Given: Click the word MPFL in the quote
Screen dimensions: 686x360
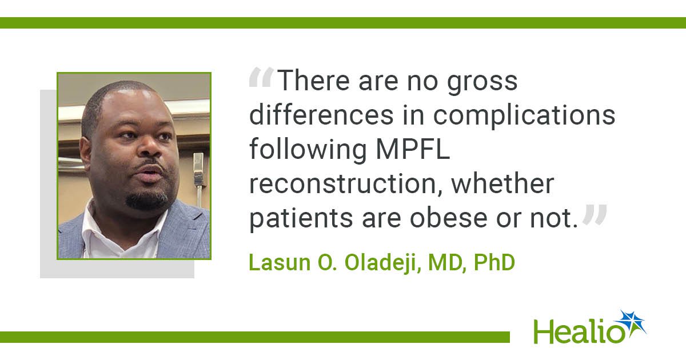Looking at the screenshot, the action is (x=413, y=149).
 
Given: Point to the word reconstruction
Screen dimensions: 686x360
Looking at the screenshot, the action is (x=346, y=184).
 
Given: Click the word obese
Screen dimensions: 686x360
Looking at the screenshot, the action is (x=449, y=218).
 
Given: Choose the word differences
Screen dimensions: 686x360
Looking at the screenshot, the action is (x=321, y=115).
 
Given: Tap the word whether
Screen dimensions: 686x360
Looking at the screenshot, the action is (x=502, y=183).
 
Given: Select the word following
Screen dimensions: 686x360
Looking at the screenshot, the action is (x=308, y=150).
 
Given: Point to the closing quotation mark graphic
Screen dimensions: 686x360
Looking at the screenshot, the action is (x=595, y=214).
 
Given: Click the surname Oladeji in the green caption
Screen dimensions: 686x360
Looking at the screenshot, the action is (x=382, y=263).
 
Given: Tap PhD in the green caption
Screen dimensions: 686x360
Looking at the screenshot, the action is (x=494, y=263).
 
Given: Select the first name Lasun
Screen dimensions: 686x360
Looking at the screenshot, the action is (x=280, y=263).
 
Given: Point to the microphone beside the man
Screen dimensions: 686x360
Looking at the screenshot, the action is (x=198, y=178).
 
